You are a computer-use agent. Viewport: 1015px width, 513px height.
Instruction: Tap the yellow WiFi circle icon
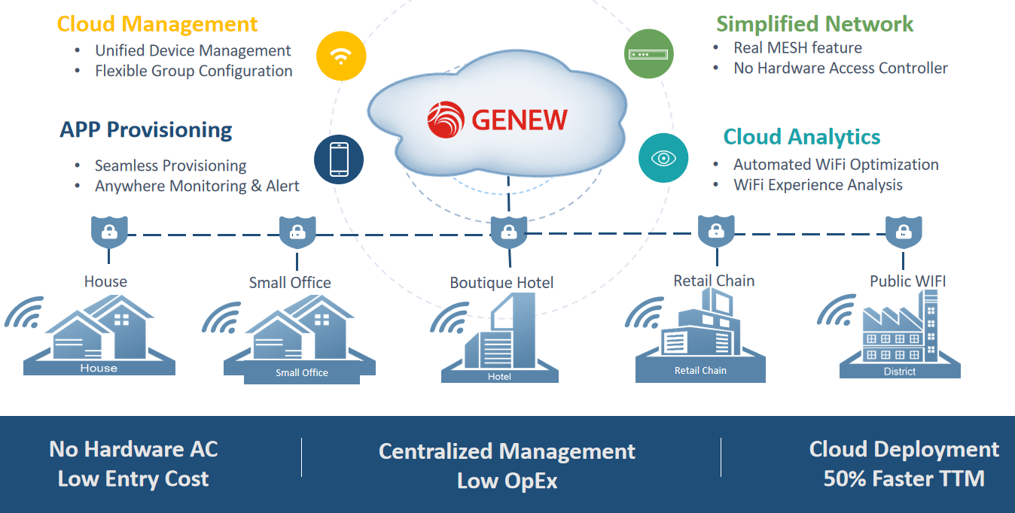click(341, 56)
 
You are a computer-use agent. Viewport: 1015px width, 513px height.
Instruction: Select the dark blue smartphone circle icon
click(339, 159)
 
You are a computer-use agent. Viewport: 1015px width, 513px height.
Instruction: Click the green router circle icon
click(649, 54)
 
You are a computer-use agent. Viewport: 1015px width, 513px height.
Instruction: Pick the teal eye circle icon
click(663, 158)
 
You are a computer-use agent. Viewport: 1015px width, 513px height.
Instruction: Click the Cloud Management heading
click(157, 24)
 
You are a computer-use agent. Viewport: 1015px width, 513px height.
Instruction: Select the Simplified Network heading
click(814, 24)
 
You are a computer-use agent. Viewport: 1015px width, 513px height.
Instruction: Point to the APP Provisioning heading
click(146, 130)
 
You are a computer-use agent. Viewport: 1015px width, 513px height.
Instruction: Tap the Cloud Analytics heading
click(801, 137)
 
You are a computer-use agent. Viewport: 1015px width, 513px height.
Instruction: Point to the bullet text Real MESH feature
click(797, 48)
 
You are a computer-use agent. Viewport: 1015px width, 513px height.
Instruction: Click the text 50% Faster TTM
click(904, 479)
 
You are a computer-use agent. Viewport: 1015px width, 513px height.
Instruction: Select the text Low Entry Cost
click(133, 479)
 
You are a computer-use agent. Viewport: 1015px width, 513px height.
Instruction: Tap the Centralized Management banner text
click(507, 451)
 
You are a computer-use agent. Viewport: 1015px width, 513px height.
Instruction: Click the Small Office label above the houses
click(290, 283)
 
